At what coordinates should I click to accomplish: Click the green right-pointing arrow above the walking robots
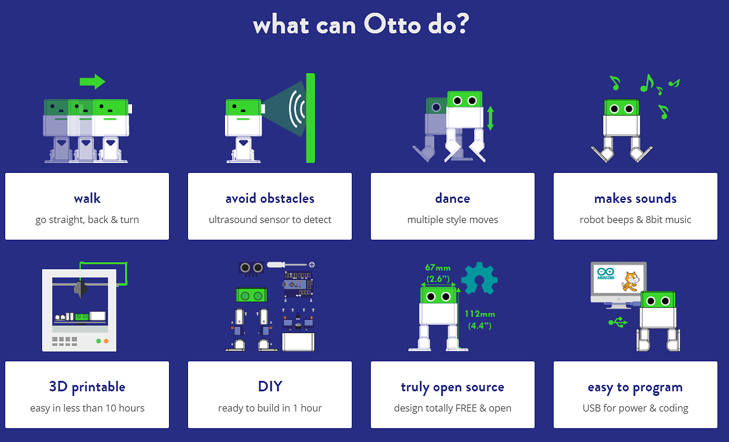coord(92,81)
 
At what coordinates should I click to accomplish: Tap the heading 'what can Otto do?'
coord(361,24)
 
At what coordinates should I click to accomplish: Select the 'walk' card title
coord(87,198)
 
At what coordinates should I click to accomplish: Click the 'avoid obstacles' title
coord(270,198)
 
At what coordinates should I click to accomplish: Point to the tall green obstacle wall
coord(310,118)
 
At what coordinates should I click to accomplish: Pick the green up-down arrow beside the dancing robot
coord(490,119)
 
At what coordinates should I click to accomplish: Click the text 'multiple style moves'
coord(453,220)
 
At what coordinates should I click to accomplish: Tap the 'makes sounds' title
coord(635,198)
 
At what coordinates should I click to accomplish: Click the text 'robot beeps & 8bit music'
coord(635,220)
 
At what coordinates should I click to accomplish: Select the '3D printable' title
coord(87,387)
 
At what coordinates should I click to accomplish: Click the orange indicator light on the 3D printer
coord(106,341)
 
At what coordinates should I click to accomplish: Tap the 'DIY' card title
coord(270,387)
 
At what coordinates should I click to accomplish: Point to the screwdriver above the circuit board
coord(291,265)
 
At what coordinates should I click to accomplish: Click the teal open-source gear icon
coord(479,278)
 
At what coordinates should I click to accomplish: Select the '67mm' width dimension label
coord(438,267)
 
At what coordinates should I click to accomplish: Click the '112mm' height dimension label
coord(480,314)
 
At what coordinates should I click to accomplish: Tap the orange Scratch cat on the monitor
coord(631,282)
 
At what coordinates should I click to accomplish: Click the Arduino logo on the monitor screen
coord(606,273)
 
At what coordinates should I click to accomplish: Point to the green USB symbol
coord(618,322)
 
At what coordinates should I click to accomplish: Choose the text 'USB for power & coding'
coord(635,408)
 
